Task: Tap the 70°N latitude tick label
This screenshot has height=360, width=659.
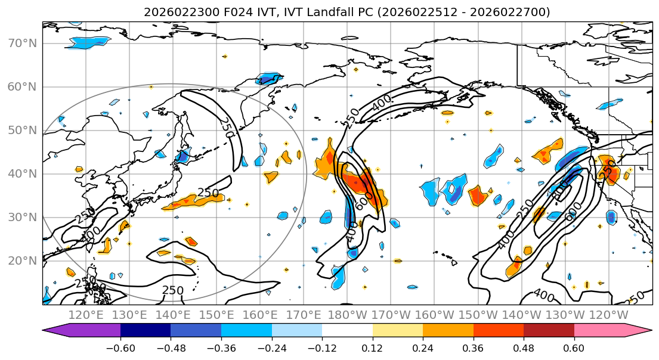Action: (x=22, y=43)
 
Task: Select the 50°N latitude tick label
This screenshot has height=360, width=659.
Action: (x=22, y=130)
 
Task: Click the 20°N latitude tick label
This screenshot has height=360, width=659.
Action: (x=22, y=260)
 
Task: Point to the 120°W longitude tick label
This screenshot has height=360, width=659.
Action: (x=609, y=314)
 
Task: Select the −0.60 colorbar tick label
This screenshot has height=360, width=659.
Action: (x=120, y=346)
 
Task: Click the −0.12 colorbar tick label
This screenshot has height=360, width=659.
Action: (x=322, y=346)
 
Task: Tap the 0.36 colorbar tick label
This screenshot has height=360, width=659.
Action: (x=473, y=346)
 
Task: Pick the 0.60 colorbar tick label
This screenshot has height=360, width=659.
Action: (x=574, y=346)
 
